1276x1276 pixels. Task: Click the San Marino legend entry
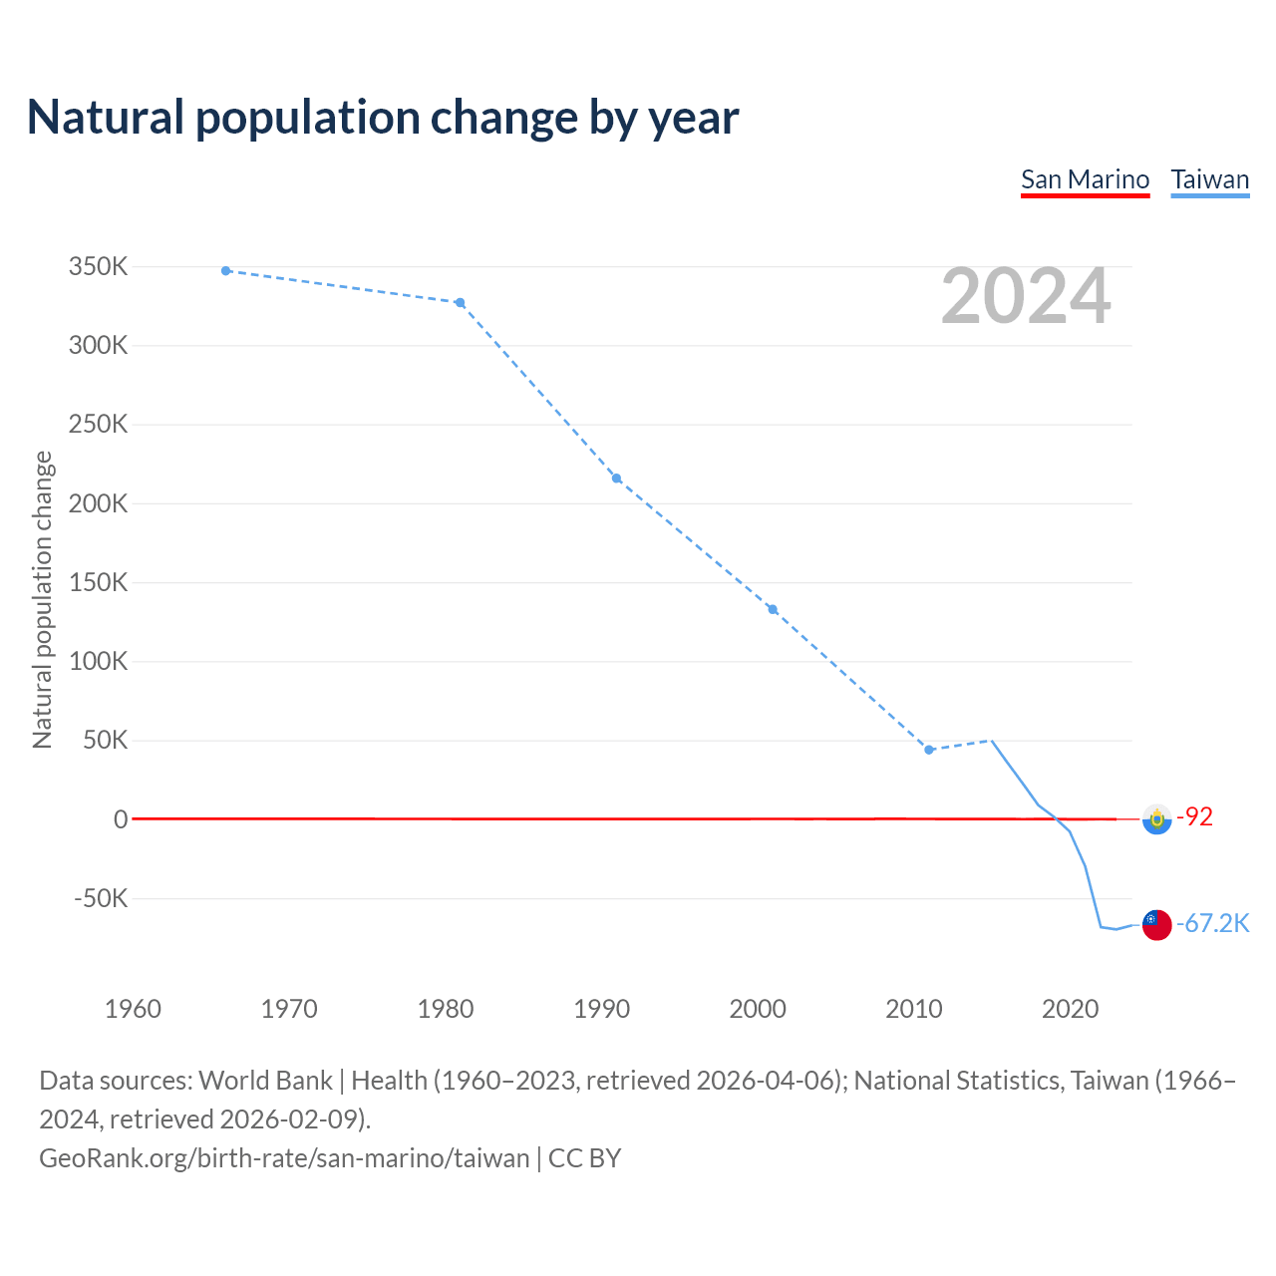(x=1085, y=179)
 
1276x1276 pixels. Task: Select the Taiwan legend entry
(x=1209, y=179)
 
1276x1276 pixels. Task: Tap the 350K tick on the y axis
(x=99, y=267)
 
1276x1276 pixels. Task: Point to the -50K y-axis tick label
(x=101, y=898)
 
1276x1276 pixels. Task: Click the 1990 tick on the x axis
(x=602, y=1009)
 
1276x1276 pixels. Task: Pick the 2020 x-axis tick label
(x=1070, y=1009)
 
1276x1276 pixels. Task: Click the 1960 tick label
(x=133, y=1009)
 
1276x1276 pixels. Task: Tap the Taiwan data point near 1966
(x=226, y=271)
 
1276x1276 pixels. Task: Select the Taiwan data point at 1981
(x=461, y=303)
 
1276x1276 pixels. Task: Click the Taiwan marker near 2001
(x=773, y=610)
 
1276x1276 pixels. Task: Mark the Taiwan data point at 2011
(x=929, y=750)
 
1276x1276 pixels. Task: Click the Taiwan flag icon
(x=1156, y=924)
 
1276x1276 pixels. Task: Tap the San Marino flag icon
(x=1156, y=818)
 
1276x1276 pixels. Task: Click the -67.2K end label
(x=1213, y=923)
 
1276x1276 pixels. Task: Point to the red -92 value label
(x=1195, y=817)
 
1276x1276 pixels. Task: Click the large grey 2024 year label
(x=1026, y=296)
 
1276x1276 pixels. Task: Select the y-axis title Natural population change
(x=43, y=599)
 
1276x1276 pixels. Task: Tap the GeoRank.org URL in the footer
(x=284, y=1157)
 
